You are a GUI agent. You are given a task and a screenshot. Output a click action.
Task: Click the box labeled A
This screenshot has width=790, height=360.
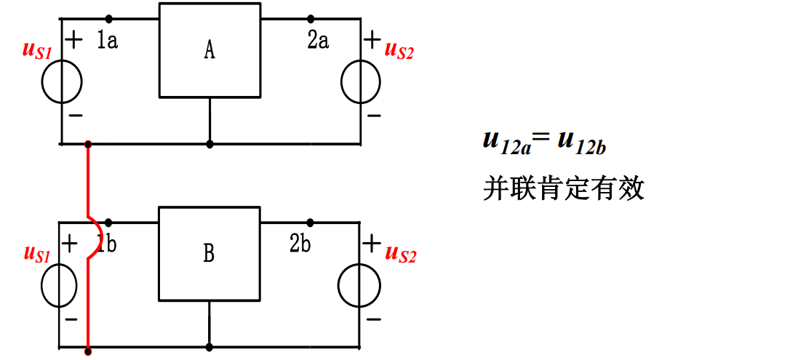[x=210, y=50]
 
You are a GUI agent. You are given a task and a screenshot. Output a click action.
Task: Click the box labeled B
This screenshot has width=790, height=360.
[x=210, y=253]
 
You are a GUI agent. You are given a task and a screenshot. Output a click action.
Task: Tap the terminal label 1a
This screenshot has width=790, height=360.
[x=107, y=41]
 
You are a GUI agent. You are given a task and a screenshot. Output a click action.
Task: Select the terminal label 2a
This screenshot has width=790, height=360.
[x=318, y=41]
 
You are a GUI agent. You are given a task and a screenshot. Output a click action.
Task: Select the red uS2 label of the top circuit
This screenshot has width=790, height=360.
[x=399, y=51]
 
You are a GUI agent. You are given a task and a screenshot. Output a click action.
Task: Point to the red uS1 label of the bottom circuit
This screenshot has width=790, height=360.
[x=37, y=254]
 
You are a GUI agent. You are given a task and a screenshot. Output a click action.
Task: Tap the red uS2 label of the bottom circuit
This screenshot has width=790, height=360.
[x=400, y=254]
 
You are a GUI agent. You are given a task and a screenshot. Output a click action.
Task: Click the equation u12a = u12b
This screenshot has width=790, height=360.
[x=544, y=140]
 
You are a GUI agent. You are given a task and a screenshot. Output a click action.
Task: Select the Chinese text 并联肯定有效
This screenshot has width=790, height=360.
[x=564, y=188]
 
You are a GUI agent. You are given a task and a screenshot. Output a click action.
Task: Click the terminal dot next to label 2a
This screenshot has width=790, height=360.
[x=311, y=18]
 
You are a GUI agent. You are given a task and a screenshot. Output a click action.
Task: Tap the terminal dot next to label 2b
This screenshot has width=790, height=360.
[x=311, y=221]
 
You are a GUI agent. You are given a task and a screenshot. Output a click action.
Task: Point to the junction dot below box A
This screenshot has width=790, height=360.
[x=210, y=144]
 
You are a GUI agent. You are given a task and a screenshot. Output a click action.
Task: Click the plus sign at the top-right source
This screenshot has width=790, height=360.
[x=372, y=39]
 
